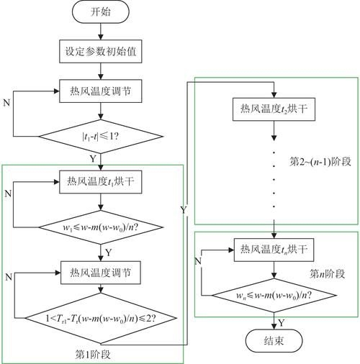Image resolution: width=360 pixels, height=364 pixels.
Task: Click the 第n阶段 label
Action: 326,273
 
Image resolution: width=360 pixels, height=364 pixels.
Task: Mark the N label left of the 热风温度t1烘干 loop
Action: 7,194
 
